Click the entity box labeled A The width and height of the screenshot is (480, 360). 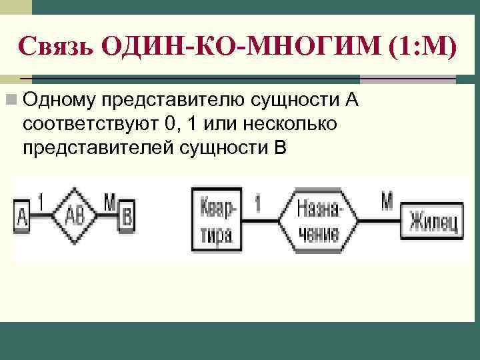[22, 217]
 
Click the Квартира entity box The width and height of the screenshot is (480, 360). [215, 218]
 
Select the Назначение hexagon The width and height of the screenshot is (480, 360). [317, 218]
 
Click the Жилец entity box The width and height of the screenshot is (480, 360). [433, 221]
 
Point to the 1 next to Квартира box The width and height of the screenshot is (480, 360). [257, 202]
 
